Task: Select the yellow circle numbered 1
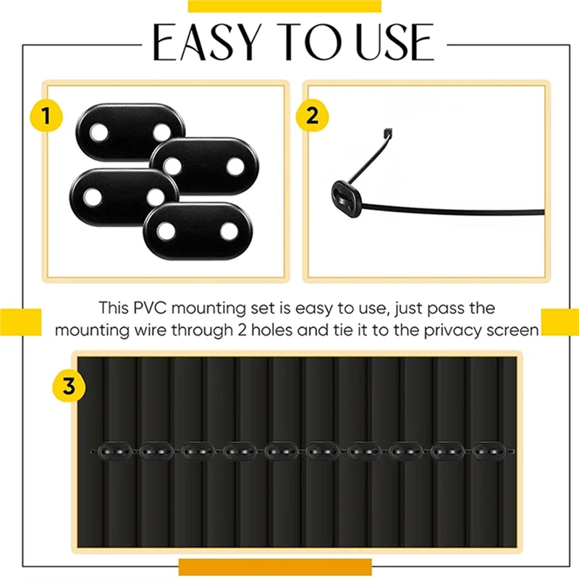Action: [x=46, y=116]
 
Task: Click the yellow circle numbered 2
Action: [x=312, y=116]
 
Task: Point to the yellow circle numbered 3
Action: [x=69, y=386]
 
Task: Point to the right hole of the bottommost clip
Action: [x=229, y=232]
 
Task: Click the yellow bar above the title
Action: [x=284, y=6]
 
